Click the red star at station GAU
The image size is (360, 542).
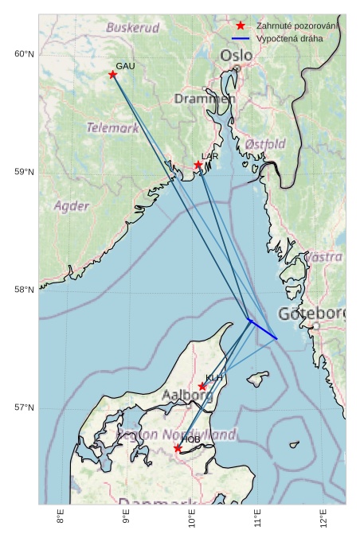point(112,75)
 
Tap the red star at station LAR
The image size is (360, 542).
point(198,166)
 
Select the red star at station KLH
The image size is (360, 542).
point(202,387)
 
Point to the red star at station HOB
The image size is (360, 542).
point(178,449)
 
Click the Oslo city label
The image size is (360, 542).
point(237,56)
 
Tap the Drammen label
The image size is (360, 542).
point(202,99)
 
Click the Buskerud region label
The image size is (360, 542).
point(133,28)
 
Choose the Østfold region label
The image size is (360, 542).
point(265,144)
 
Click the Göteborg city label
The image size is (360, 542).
point(311,314)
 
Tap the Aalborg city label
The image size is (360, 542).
point(187,395)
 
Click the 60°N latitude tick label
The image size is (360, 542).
point(24,54)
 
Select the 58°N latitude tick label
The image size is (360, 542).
point(24,290)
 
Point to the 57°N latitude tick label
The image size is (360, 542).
point(24,407)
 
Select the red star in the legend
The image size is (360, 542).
point(241,26)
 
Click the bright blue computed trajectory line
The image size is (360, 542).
point(263,329)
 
